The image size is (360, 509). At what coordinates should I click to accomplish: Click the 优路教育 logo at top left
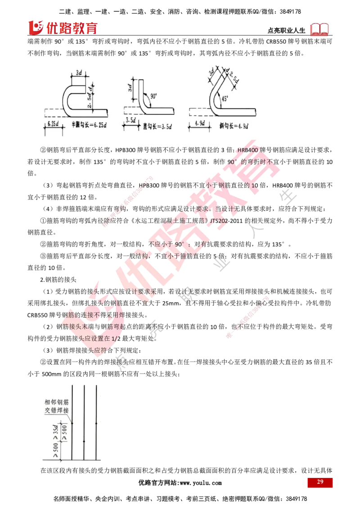click(x=63, y=27)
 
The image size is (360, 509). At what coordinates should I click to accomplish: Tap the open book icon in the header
click(x=319, y=29)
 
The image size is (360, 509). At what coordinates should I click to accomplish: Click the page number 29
click(x=320, y=482)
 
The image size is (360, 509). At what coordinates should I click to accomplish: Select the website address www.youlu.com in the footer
click(x=201, y=483)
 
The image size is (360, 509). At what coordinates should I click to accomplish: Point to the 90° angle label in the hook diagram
click(x=154, y=96)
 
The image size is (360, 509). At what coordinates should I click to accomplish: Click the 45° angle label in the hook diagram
click(x=225, y=98)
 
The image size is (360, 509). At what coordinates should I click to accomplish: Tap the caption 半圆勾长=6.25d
click(x=89, y=125)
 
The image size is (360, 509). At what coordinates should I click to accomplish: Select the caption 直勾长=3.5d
click(x=157, y=126)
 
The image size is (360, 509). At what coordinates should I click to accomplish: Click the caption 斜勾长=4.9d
click(x=234, y=125)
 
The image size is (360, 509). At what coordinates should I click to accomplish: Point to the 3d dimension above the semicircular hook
click(x=79, y=72)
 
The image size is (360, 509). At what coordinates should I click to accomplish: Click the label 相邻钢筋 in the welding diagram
click(x=57, y=402)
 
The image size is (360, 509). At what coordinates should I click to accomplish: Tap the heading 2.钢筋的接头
click(x=58, y=280)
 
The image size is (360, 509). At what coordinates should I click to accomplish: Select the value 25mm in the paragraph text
click(x=171, y=303)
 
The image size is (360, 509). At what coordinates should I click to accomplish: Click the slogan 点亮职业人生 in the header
click(x=287, y=31)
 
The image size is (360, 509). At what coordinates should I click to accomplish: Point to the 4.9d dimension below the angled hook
click(x=200, y=123)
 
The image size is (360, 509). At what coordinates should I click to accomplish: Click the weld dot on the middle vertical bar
click(x=84, y=441)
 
